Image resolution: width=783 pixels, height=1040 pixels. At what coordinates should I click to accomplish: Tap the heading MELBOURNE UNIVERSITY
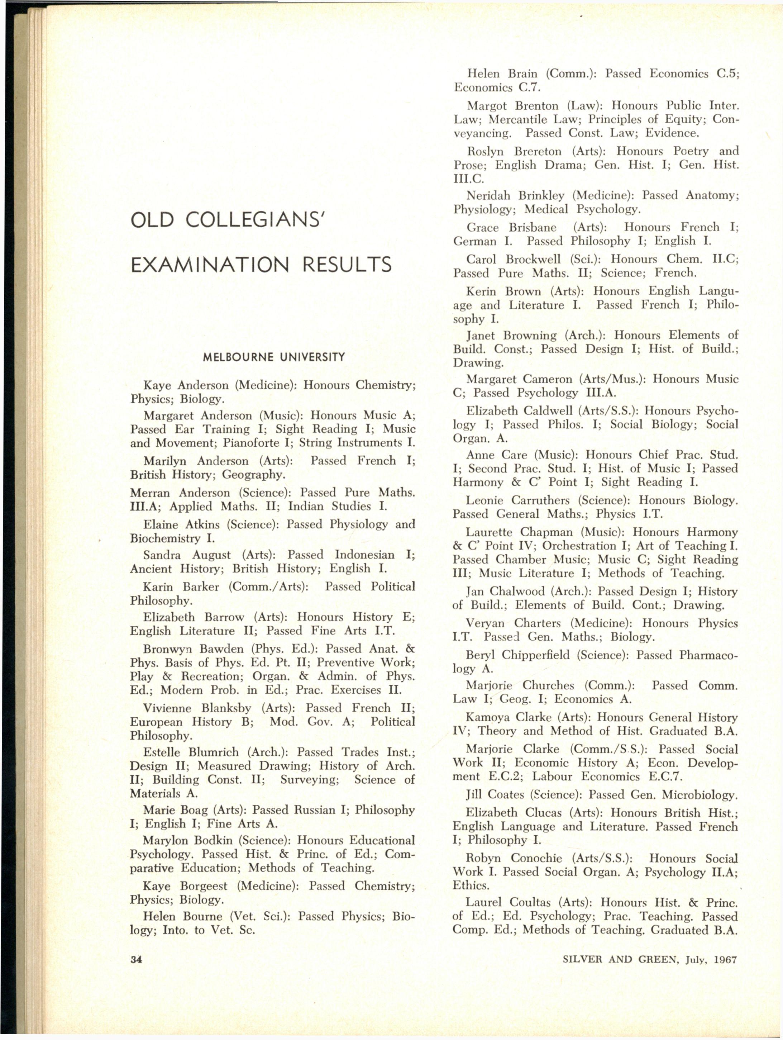273,357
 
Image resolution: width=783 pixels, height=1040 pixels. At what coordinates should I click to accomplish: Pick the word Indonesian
365,555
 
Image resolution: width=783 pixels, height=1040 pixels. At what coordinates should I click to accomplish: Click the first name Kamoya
486,717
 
